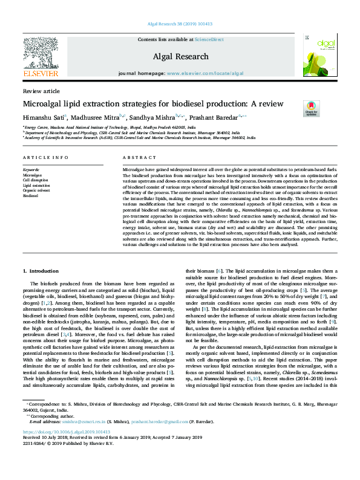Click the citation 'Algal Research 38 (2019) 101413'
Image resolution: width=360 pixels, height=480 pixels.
tap(180, 24)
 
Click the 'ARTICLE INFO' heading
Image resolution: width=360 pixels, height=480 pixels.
tap(45, 158)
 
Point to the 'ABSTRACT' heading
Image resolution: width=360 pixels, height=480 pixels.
tap(136, 158)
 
